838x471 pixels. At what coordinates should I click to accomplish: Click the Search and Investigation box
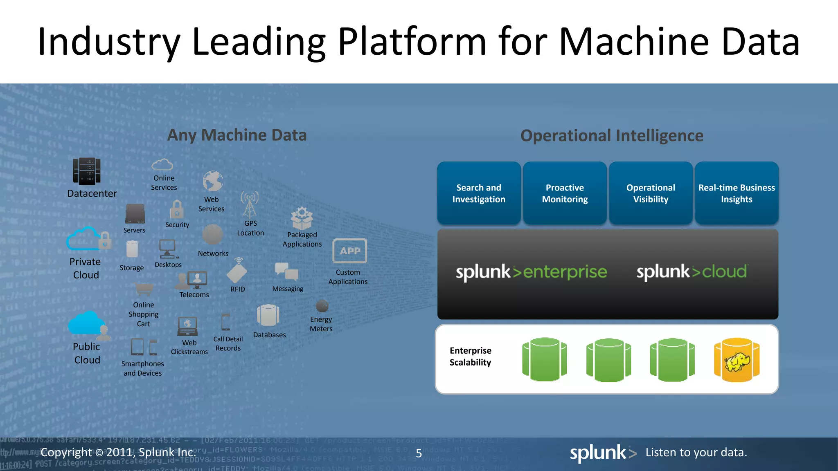click(x=479, y=193)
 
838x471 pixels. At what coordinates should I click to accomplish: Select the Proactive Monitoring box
click(x=565, y=193)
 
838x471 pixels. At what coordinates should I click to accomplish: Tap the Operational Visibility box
click(x=651, y=193)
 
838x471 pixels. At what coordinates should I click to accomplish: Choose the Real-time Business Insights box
click(x=737, y=193)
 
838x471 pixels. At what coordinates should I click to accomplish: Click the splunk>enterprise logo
click(x=531, y=272)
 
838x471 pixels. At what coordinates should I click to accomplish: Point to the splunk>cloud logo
click(x=692, y=272)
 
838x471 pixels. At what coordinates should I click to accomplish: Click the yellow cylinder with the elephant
click(x=737, y=360)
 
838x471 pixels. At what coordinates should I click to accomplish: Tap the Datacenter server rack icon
click(x=87, y=171)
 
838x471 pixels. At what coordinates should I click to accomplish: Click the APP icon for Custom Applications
click(x=350, y=251)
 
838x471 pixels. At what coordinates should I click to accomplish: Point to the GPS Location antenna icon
click(x=250, y=204)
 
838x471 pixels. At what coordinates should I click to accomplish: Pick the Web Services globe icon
click(x=213, y=182)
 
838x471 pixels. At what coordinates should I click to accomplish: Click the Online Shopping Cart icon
click(x=144, y=289)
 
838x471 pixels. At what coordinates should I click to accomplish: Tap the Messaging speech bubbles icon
click(x=286, y=271)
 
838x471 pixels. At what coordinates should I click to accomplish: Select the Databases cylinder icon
click(x=268, y=316)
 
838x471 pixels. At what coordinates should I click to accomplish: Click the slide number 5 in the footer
click(x=419, y=453)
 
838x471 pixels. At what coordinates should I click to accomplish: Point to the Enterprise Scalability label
click(x=471, y=357)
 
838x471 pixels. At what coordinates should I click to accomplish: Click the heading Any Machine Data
click(x=237, y=135)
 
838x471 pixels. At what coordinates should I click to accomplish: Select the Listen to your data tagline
click(x=696, y=452)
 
